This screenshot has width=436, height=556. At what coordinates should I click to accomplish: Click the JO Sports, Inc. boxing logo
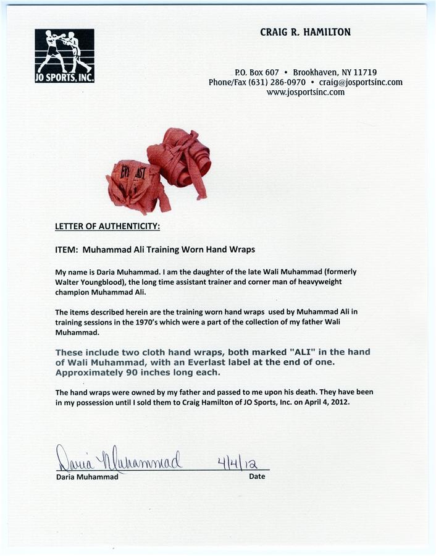[64, 56]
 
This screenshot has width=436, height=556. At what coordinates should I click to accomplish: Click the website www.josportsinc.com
[306, 92]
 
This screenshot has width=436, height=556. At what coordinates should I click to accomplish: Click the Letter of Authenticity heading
[107, 227]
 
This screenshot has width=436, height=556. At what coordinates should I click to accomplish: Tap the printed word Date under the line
[257, 476]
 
